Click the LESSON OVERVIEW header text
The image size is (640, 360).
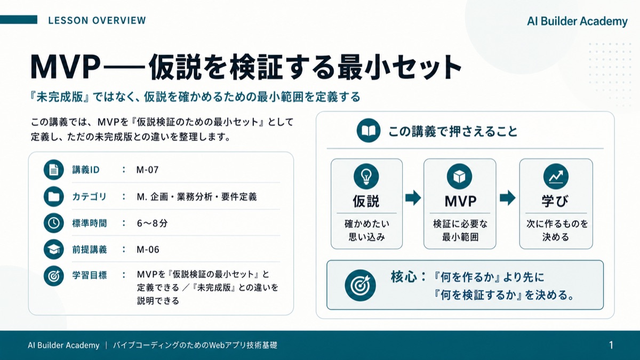pyautogui.click(x=97, y=21)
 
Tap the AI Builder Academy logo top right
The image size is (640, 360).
pyautogui.click(x=577, y=21)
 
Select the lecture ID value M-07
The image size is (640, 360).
pyautogui.click(x=147, y=170)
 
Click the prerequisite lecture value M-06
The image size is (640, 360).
pyautogui.click(x=148, y=250)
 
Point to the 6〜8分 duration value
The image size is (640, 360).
pyautogui.click(x=153, y=223)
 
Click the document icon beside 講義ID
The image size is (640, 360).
pyautogui.click(x=54, y=170)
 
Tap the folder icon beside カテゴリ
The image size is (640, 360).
pyautogui.click(x=54, y=197)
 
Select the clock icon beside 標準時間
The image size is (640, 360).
pyautogui.click(x=54, y=223)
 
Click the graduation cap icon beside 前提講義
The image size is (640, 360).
pyautogui.click(x=54, y=250)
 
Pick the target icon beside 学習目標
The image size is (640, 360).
pyautogui.click(x=54, y=276)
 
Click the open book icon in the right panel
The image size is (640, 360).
pyautogui.click(x=369, y=131)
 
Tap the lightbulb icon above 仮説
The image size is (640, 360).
pyautogui.click(x=366, y=177)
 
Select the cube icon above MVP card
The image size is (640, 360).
pyautogui.click(x=459, y=177)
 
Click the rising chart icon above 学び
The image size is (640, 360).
pyautogui.click(x=556, y=177)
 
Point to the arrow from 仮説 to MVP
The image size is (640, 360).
pyautogui.click(x=413, y=198)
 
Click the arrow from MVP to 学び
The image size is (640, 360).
pyautogui.click(x=508, y=198)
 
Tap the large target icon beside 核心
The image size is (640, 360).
pyautogui.click(x=361, y=285)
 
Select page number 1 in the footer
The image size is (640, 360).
pyautogui.click(x=611, y=345)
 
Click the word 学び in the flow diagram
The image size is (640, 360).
pyautogui.click(x=555, y=201)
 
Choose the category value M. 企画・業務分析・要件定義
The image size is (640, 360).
pyautogui.click(x=197, y=197)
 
